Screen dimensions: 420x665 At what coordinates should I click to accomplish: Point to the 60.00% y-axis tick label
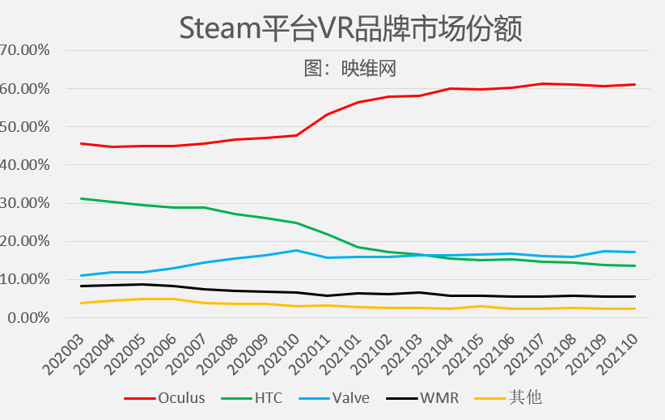click(26, 88)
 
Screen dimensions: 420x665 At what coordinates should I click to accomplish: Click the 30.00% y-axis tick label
click(26, 203)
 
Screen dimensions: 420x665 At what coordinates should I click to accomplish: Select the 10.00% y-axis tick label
click(26, 280)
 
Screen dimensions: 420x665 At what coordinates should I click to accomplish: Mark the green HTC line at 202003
click(81, 198)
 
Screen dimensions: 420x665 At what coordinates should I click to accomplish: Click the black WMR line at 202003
click(81, 286)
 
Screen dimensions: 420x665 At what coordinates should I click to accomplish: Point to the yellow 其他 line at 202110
click(634, 308)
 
